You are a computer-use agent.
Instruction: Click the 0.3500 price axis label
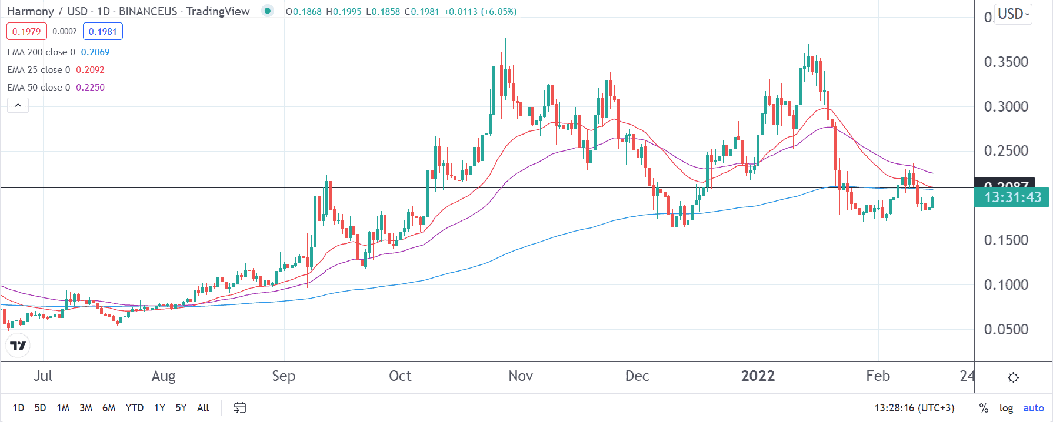[x=1006, y=62]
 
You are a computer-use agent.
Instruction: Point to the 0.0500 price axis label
[x=1006, y=330]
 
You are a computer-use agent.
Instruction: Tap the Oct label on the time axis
[x=400, y=376]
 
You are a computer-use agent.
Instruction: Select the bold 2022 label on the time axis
[x=758, y=376]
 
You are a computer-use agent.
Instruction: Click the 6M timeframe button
[x=109, y=408]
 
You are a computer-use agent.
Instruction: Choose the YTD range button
[x=135, y=408]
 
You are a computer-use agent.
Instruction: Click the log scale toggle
[x=1006, y=408]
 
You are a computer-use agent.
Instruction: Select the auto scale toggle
[x=1034, y=408]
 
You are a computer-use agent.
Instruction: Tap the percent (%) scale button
[x=984, y=408]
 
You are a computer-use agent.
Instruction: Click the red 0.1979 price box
[x=26, y=32]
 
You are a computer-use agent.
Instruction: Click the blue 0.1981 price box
[x=103, y=32]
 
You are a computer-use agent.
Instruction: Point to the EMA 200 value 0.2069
[x=95, y=52]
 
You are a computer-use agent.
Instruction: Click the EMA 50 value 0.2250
[x=90, y=88]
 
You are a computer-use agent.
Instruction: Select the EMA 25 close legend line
[x=38, y=70]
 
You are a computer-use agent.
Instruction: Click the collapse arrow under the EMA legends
[x=18, y=105]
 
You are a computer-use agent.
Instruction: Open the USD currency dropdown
[x=1014, y=14]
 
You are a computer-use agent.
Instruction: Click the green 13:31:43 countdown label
[x=1012, y=197]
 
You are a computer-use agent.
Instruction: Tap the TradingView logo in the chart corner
[x=18, y=346]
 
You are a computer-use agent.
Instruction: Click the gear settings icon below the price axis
[x=1013, y=377]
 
